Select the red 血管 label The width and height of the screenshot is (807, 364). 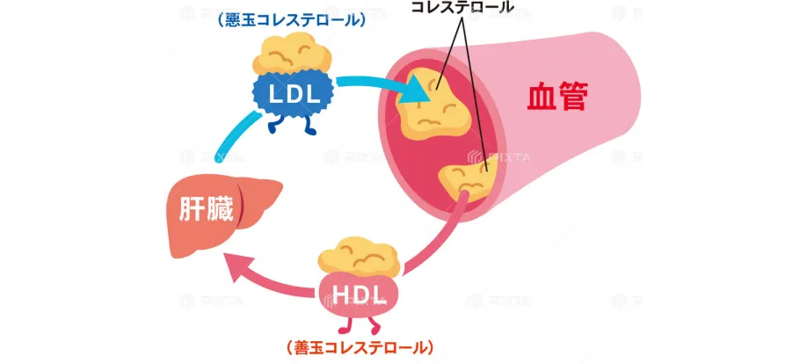pos(556,97)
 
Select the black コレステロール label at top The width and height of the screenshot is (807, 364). pos(462,7)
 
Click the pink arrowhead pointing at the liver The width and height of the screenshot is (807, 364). pos(235,261)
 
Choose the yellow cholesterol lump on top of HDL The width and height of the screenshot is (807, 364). pos(360,255)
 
